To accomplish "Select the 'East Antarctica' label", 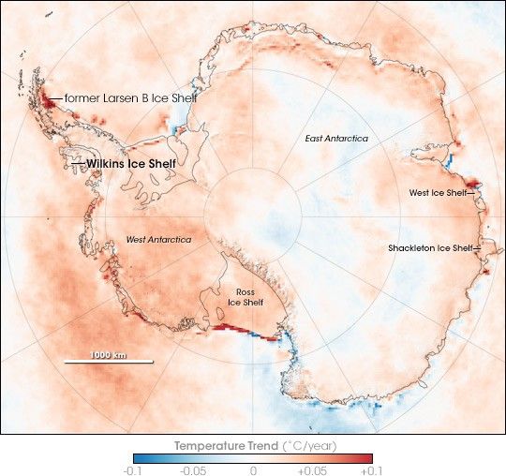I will (336, 139).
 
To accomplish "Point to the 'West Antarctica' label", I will (158, 240).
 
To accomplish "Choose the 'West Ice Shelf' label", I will (438, 193).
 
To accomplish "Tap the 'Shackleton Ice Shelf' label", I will (431, 248).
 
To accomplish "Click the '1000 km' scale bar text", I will (108, 353).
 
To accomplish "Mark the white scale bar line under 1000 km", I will (108, 362).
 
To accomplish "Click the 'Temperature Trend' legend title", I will (253, 445).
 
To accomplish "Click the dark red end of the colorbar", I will (367, 458).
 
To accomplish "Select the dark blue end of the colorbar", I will (139, 458).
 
